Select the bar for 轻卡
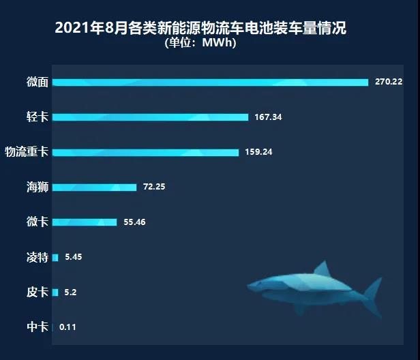150,117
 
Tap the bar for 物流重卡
145,152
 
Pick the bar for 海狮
94,187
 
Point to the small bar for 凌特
55,258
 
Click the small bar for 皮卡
55,292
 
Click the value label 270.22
389,82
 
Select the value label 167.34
268,117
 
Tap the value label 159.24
258,152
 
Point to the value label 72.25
153,187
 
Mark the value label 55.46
135,222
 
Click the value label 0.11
67,327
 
